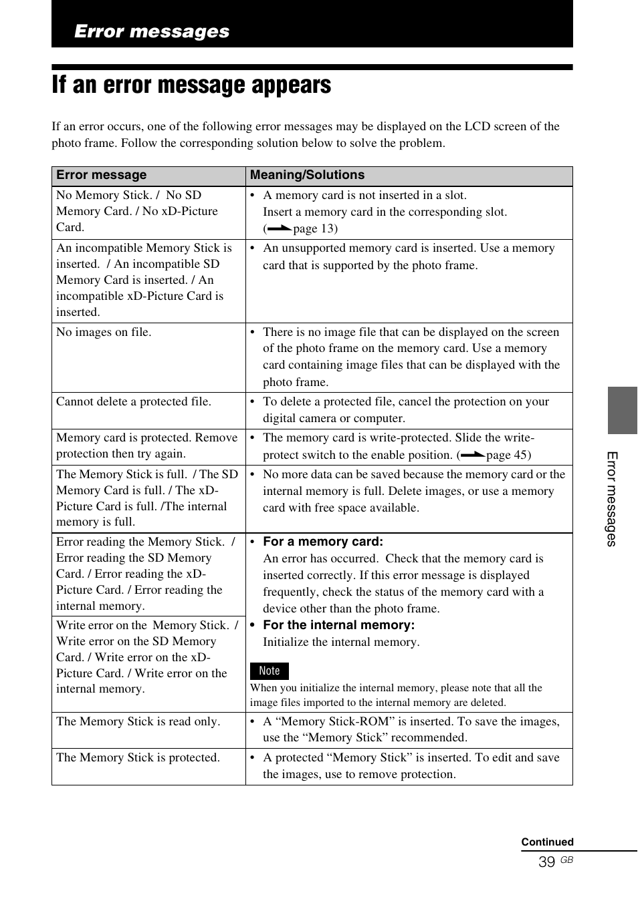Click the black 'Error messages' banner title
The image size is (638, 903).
point(152,31)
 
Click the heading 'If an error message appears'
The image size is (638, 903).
point(191,85)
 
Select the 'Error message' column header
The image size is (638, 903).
point(102,175)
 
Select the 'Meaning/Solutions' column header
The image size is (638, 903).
point(307,175)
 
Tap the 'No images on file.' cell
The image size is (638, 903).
point(104,332)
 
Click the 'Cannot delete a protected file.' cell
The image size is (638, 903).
point(134,401)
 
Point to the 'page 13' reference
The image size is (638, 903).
point(314,228)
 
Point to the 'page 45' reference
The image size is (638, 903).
point(508,455)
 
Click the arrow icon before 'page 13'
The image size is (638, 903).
point(279,228)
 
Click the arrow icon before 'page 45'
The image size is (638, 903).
point(472,455)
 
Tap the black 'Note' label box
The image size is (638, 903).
point(269,671)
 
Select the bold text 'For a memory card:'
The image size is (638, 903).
point(323,542)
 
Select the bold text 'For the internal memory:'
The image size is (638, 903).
point(338,625)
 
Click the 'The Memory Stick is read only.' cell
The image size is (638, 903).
point(138,721)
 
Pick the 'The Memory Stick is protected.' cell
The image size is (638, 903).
point(138,757)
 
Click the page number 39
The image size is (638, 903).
point(546,862)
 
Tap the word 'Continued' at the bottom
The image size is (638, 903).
point(547,842)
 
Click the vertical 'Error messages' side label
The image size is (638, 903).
point(611,499)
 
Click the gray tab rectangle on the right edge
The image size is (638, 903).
point(622,410)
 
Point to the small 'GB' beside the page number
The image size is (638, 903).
point(566,860)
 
